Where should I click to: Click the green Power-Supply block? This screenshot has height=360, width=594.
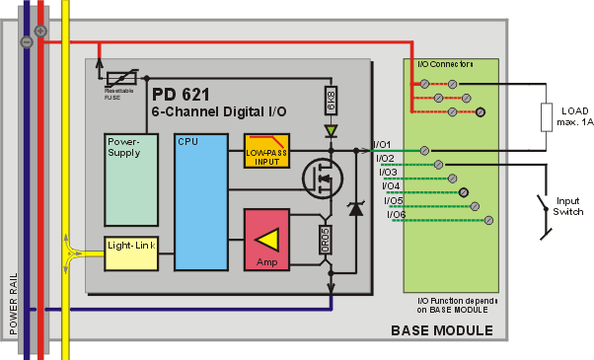(131, 180)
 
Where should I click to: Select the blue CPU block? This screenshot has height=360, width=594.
(201, 202)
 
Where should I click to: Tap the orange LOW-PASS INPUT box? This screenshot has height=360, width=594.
(266, 151)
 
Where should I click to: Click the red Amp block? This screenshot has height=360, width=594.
(266, 240)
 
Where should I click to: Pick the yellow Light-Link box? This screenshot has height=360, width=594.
(131, 253)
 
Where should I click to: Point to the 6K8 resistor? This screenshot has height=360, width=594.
(332, 101)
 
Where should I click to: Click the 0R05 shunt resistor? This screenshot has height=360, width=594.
(326, 240)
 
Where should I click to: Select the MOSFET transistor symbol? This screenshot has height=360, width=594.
(323, 178)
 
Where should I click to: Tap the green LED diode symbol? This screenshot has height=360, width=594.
(332, 131)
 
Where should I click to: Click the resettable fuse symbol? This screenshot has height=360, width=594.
(121, 78)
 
